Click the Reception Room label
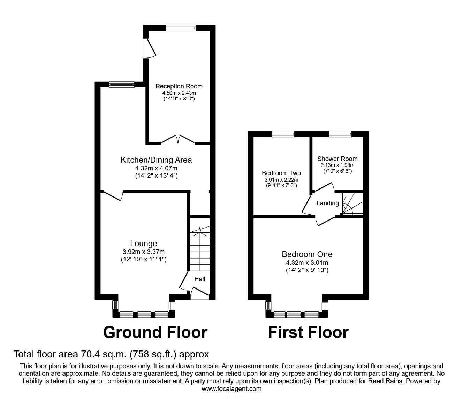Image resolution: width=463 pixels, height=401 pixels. tap(179, 86)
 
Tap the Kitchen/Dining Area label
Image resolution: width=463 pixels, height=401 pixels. tap(156, 160)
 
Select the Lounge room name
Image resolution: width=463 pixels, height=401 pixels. tap(144, 244)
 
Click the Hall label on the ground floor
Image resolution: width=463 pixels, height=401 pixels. tap(200, 279)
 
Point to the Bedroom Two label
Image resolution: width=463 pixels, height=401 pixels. tap(281, 173)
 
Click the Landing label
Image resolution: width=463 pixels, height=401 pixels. tap(327, 203)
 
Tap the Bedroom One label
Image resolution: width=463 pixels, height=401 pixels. tap(307, 254)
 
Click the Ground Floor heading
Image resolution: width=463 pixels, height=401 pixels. tap(155, 332)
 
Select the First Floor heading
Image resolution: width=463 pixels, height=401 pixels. tap(308, 332)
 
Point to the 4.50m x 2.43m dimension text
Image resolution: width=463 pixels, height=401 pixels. tap(179, 93)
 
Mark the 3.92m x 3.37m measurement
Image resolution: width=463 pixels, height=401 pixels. tap(144, 252)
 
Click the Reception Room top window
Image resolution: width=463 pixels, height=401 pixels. tap(181, 28)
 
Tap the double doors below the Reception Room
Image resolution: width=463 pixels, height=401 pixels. tap(178, 140)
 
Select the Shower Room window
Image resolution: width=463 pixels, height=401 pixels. tap(340, 134)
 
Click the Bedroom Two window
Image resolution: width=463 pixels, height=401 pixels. tap(283, 134)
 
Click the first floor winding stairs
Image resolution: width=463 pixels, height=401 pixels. tap(351, 203)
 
